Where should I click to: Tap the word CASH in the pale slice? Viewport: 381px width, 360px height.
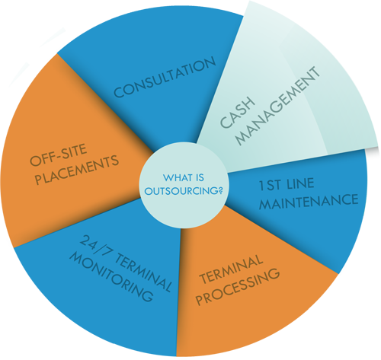pyautogui.click(x=237, y=112)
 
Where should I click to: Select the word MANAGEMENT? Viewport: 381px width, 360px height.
pyautogui.click(x=277, y=106)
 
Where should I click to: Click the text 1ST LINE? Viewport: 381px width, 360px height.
pyautogui.click(x=287, y=184)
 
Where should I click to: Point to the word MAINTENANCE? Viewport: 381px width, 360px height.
pyautogui.click(x=309, y=202)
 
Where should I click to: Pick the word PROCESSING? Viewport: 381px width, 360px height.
pyautogui.click(x=238, y=287)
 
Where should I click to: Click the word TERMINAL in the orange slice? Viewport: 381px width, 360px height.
pyautogui.click(x=231, y=269)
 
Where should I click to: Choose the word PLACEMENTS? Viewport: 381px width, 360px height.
pyautogui.click(x=77, y=170)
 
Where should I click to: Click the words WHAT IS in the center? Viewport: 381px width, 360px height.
pyautogui.click(x=184, y=177)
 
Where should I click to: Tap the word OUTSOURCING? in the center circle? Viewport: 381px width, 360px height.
pyautogui.click(x=184, y=191)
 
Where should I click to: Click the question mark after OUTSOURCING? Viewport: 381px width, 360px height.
pyautogui.click(x=220, y=191)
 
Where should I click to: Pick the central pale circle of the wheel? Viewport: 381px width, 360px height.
pyautogui.click(x=184, y=185)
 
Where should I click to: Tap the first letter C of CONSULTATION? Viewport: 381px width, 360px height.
pyautogui.click(x=119, y=92)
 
